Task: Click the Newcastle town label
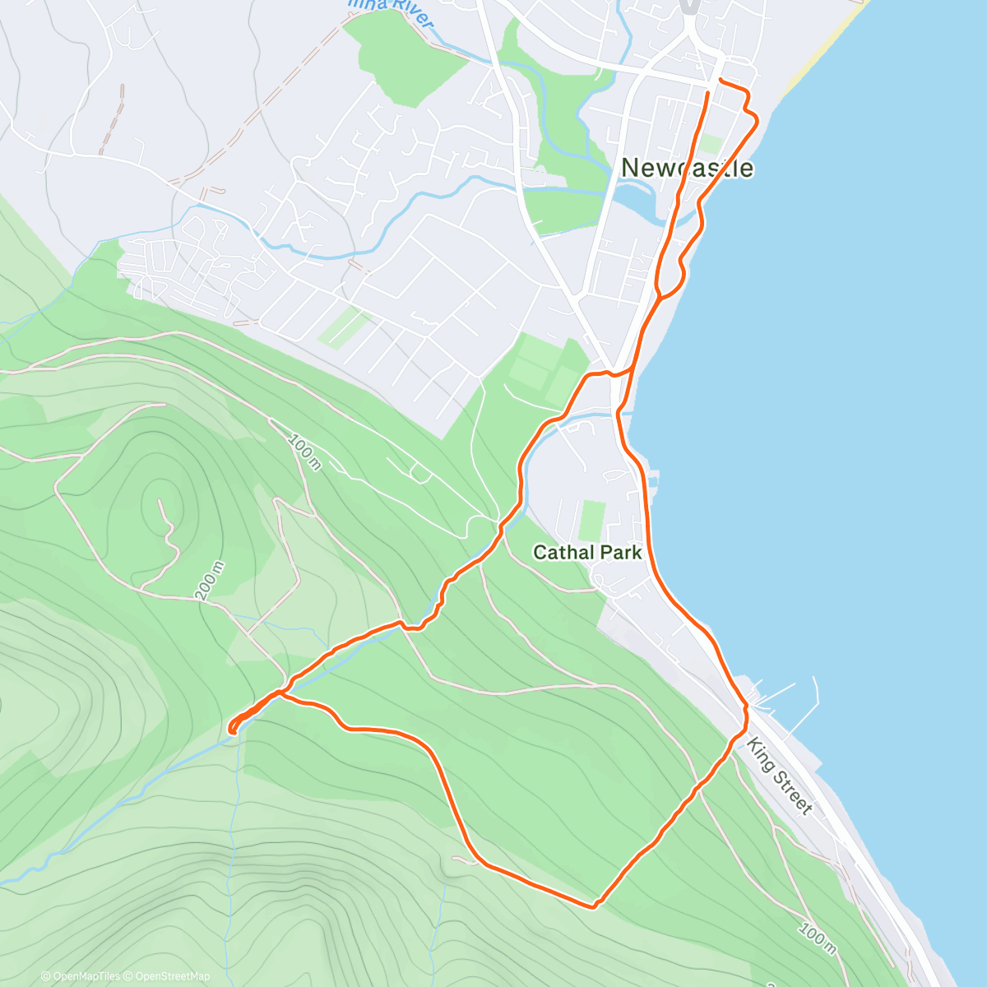click(x=687, y=168)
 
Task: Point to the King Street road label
click(x=779, y=776)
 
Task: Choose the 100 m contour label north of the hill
click(x=304, y=453)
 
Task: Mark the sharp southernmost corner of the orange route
click(x=595, y=906)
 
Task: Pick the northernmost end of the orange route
click(x=721, y=80)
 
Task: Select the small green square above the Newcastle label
click(x=712, y=144)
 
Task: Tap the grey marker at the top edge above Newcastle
click(x=690, y=6)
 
